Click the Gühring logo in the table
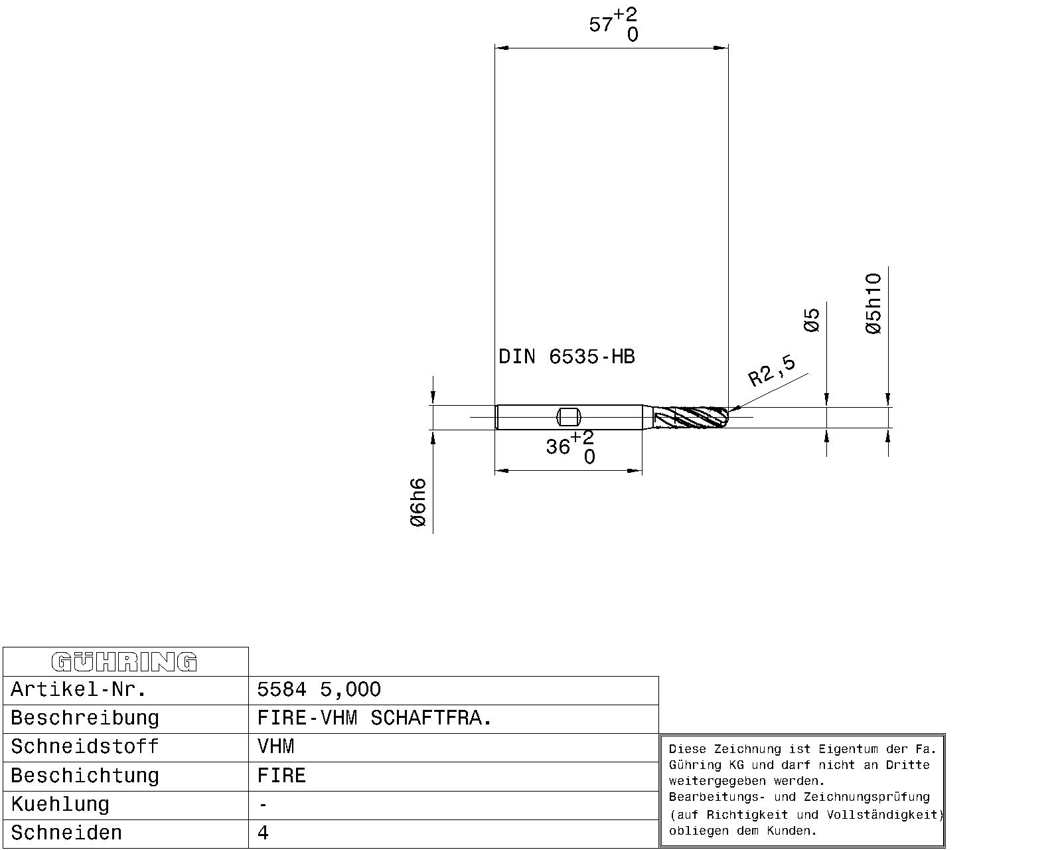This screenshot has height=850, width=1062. pos(124,662)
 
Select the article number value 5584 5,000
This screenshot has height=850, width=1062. pos(319,689)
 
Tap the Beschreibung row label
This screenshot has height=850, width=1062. pos(85,718)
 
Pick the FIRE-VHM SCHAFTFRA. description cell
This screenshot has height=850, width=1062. pos(374,718)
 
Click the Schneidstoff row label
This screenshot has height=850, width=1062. pos(85,747)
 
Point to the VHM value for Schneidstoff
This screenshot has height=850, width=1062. pos(276,747)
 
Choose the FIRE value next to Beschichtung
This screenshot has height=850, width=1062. pos(282,776)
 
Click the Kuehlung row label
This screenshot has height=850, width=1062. pos(60,805)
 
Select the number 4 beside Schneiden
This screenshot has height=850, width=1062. pos(263,833)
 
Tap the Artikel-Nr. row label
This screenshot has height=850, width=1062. pos(78,689)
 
